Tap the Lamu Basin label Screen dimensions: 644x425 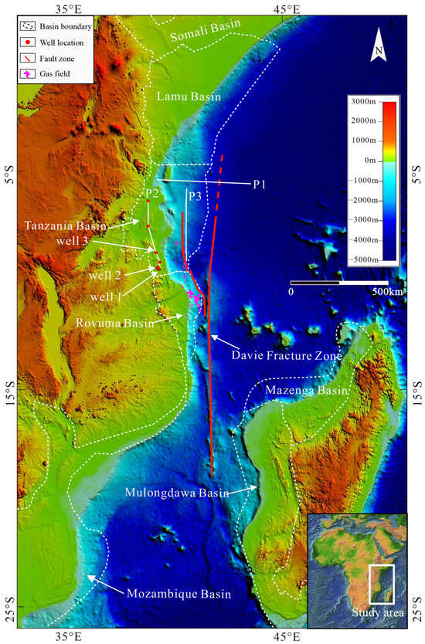[189, 97]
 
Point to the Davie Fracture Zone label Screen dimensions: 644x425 [288, 356]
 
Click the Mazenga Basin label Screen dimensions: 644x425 [301, 391]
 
